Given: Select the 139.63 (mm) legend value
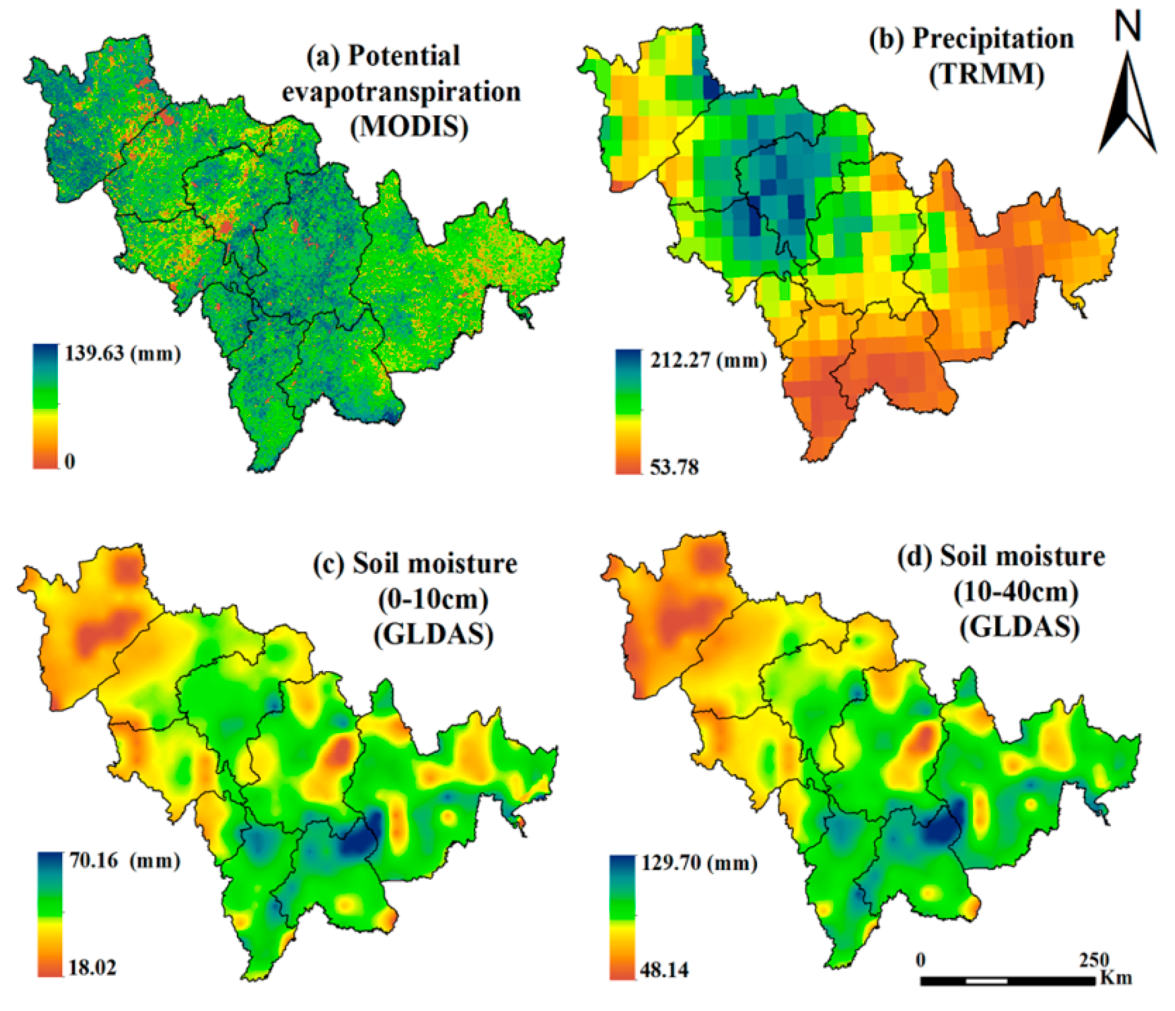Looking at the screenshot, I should (123, 354).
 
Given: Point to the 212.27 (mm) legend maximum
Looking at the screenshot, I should (707, 360).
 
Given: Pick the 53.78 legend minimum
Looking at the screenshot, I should (674, 467).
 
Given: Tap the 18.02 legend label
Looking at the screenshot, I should (92, 968).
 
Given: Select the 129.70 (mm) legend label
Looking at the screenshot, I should (699, 863).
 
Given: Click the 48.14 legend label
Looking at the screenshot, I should (665, 970).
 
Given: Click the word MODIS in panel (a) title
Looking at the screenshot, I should (410, 126).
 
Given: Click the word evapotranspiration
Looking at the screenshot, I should (401, 92).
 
